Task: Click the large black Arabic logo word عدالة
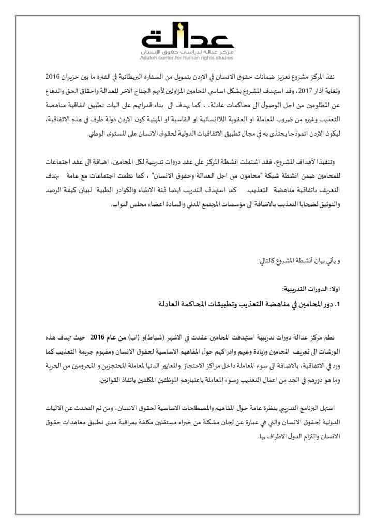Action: coord(187,39)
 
